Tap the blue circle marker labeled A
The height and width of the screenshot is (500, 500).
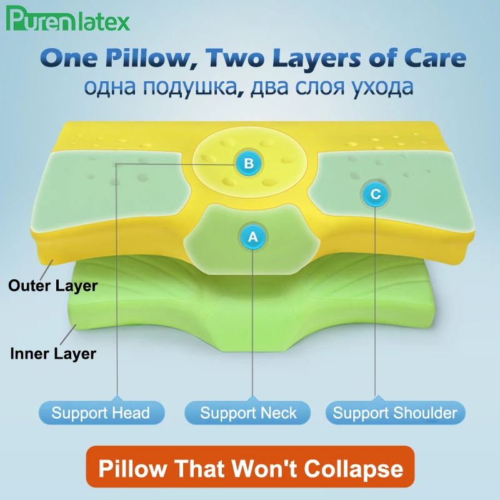tap(252, 237)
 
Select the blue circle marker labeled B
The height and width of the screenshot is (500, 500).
tap(249, 164)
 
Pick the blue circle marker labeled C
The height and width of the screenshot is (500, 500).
tap(375, 194)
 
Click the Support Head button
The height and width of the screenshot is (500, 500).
tap(101, 413)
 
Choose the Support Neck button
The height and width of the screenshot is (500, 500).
tap(248, 413)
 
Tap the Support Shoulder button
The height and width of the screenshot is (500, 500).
tap(394, 413)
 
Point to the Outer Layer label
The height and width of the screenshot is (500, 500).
tap(53, 286)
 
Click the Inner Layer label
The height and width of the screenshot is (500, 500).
tap(53, 354)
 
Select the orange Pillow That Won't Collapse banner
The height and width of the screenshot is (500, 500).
tap(249, 469)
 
